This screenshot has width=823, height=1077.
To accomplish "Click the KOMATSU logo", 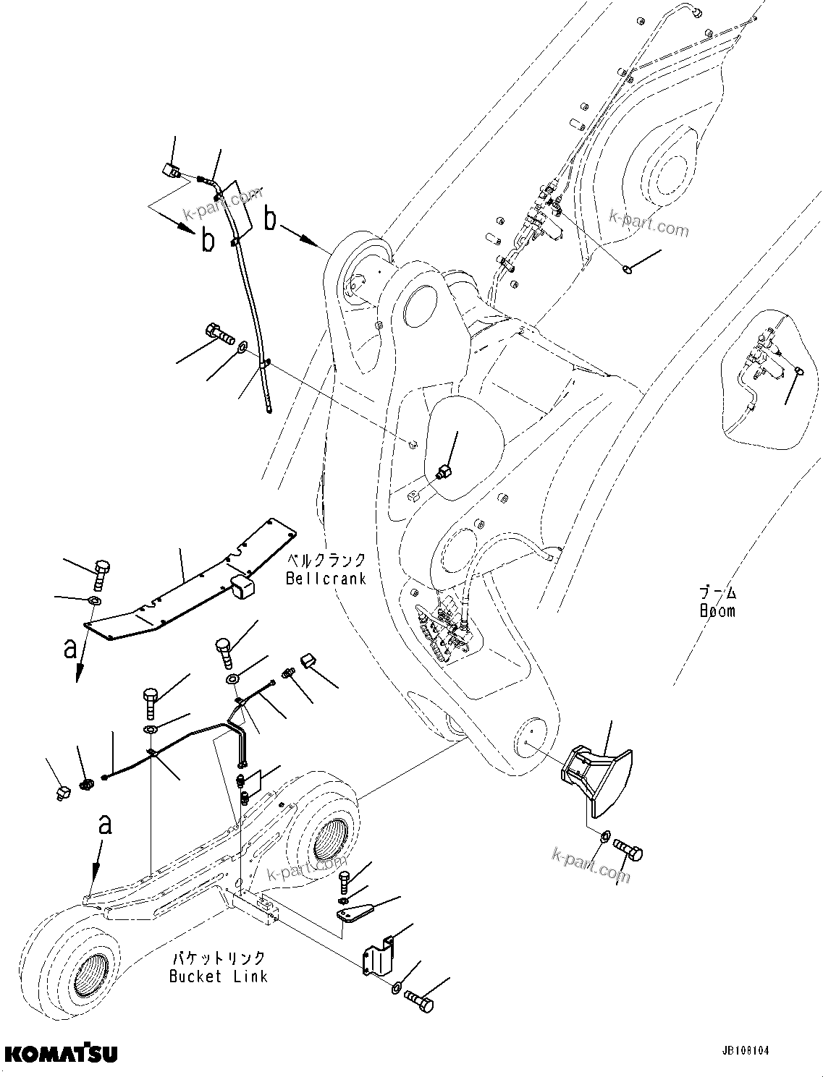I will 61,1052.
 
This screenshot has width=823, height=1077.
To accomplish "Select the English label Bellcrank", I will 326,578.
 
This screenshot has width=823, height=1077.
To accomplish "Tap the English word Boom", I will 717,610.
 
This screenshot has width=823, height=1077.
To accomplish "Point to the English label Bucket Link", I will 219,976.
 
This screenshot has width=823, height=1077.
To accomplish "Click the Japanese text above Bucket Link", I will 219,958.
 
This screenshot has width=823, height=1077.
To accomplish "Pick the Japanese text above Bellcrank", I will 326,561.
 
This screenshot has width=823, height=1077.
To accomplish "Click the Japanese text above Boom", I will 717,593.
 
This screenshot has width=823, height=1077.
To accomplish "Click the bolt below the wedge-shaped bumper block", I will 628,850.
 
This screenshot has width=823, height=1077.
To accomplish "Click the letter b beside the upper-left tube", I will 208,240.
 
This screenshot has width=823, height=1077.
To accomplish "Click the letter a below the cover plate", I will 69,649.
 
